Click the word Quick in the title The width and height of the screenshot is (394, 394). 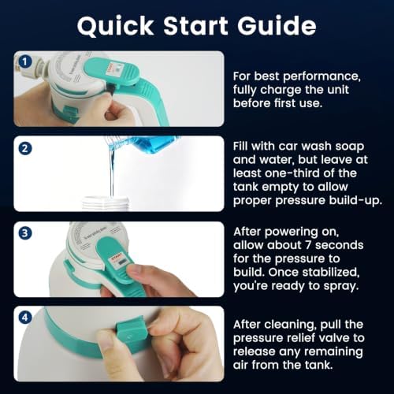tap(115, 27)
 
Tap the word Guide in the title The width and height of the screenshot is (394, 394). tap(277, 25)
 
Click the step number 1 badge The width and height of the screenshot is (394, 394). tap(25, 62)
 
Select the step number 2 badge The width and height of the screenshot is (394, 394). tap(25, 148)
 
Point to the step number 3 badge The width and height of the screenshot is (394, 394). tap(25, 233)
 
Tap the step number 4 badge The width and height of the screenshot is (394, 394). tap(25, 318)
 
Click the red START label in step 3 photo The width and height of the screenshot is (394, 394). tap(117, 256)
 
